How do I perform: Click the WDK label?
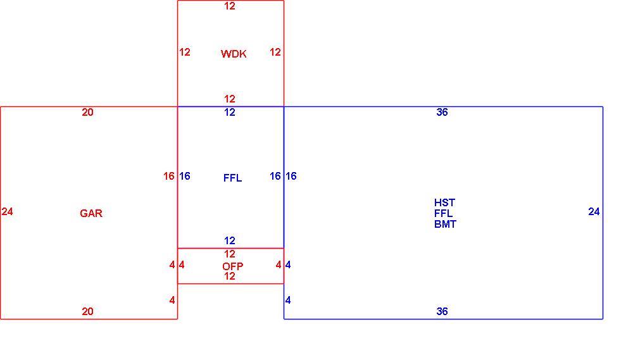point(234,54)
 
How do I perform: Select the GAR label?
point(91,213)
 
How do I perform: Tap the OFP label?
point(232,266)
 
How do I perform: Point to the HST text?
point(444,202)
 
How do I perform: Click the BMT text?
point(445,224)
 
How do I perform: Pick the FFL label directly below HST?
point(443,213)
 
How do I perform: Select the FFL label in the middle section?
point(232,178)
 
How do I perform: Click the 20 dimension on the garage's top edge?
point(87,112)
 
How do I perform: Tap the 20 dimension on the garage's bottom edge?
point(87,311)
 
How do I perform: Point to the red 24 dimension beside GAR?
point(7,211)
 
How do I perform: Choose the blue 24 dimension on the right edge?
point(594,211)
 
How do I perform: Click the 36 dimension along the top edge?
point(442,112)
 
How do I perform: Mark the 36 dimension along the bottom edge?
point(442,311)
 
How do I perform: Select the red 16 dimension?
point(169,176)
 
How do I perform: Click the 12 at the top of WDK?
point(230,6)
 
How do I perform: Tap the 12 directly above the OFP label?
point(230,254)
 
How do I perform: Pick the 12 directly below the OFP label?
point(230,276)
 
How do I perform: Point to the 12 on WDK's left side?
point(185,52)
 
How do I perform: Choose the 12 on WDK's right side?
point(275,52)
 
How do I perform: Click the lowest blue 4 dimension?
point(288,300)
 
